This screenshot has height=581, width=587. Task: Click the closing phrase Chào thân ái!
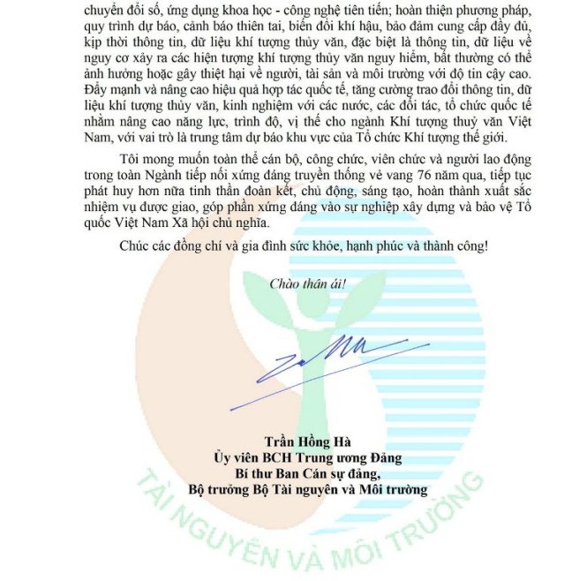click(x=307, y=284)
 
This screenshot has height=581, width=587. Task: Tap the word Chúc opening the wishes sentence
click(x=134, y=245)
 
